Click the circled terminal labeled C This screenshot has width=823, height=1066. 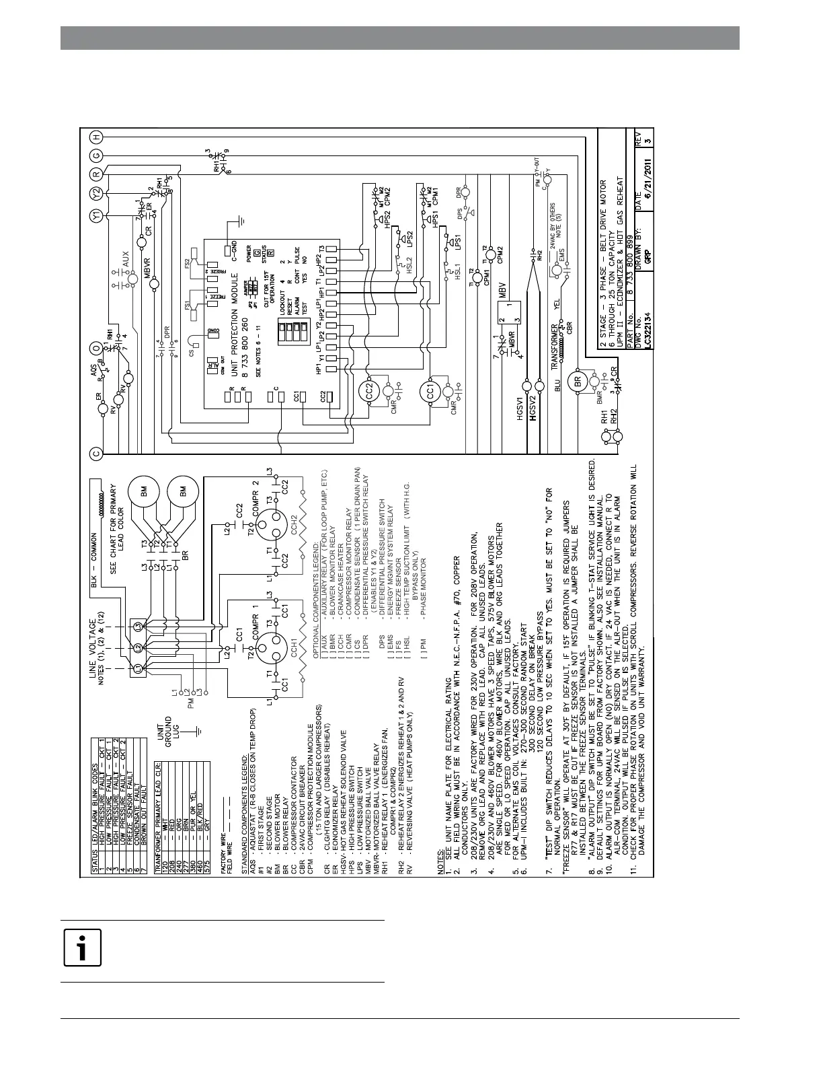pos(97,453)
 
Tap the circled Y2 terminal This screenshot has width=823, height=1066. pos(97,194)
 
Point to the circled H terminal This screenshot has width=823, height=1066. pos(97,137)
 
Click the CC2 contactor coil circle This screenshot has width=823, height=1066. pos(369,393)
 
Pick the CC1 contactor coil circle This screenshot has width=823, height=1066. pos(430,392)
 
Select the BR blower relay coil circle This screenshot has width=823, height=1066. pos(577,381)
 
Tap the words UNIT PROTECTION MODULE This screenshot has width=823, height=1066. pos(235,314)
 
